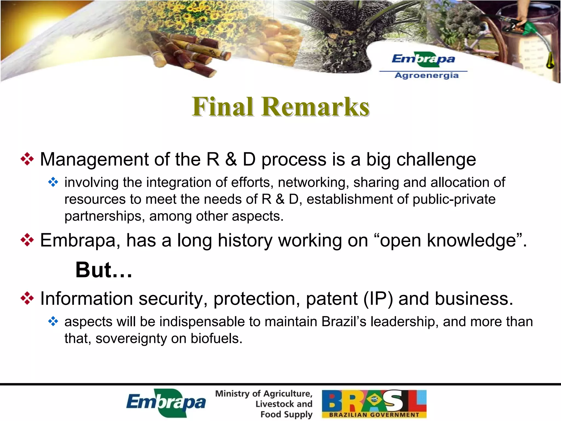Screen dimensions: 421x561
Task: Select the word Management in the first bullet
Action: coord(94,160)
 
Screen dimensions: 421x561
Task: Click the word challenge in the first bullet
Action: coord(436,160)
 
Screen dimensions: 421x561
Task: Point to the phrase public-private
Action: coord(454,199)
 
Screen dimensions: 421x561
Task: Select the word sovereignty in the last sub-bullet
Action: coord(131,338)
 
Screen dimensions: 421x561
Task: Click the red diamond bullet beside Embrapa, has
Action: coord(27,240)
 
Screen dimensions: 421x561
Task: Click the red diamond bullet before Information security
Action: coord(27,298)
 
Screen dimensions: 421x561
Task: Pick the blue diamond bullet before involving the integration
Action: coord(53,182)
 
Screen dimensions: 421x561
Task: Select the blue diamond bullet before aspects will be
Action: coord(53,321)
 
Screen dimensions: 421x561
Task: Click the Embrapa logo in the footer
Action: coord(166,403)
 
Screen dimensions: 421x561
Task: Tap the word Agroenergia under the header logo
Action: coord(427,76)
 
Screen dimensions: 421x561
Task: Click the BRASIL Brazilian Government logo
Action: coord(374,403)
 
